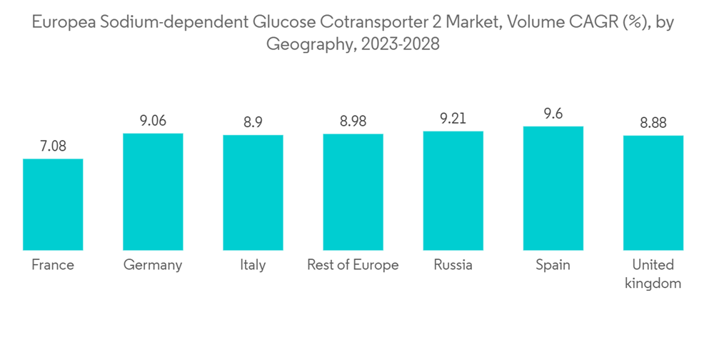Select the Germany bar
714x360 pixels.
point(153,191)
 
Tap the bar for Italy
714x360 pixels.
point(253,192)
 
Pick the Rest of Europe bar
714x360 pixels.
point(353,191)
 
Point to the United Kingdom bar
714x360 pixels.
point(653,192)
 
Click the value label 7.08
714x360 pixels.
point(53,146)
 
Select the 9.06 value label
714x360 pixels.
point(153,121)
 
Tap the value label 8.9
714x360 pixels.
point(253,123)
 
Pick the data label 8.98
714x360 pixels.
point(353,122)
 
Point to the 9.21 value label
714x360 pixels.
point(453,119)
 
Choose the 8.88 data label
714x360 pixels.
point(653,123)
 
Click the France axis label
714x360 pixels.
point(53,265)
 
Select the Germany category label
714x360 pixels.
point(153,265)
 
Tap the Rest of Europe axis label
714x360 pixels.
point(353,265)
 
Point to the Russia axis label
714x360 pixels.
point(453,265)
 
